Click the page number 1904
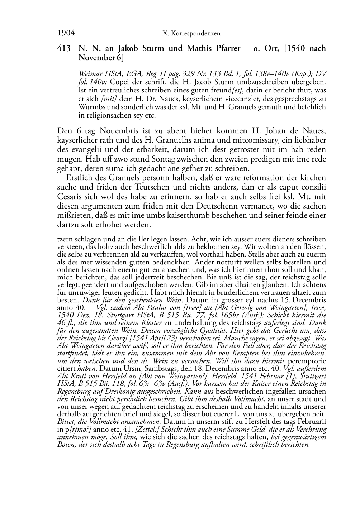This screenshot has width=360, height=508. [66, 33]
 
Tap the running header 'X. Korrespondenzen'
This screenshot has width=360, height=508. [191, 34]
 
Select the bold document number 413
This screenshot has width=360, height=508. [64, 48]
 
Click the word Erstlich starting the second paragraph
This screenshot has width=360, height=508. [81, 178]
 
